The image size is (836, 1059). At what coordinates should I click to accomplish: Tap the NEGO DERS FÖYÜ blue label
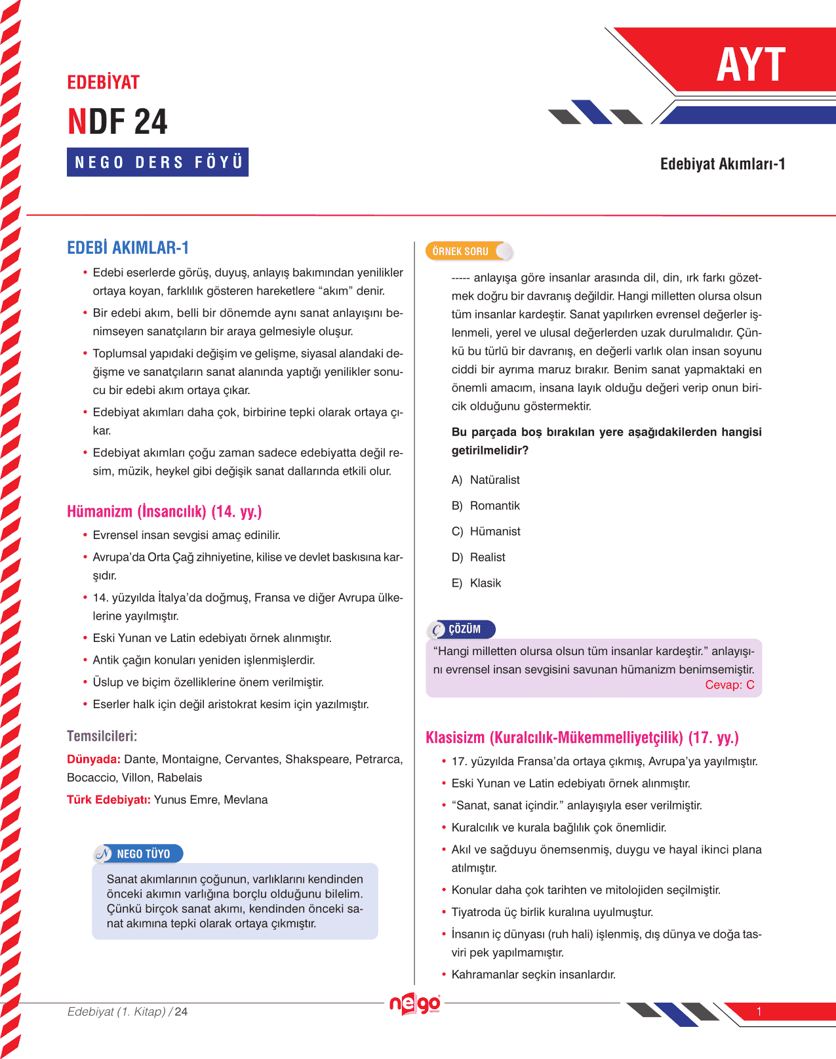[158, 162]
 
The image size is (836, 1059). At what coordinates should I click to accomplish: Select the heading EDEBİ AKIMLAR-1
[128, 248]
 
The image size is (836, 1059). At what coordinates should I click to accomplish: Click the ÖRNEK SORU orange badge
[462, 251]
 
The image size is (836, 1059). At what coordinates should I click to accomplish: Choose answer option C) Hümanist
[486, 531]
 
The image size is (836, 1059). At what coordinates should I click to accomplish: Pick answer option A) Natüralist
[485, 480]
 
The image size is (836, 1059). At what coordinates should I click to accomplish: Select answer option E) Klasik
[476, 583]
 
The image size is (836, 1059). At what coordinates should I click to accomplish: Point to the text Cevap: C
[729, 685]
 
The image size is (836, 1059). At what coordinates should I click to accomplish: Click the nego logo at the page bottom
[415, 1004]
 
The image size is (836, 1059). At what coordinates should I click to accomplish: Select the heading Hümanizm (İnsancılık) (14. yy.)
[165, 511]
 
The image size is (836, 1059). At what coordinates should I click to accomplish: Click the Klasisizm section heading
[582, 738]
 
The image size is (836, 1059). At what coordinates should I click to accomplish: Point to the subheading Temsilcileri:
[102, 736]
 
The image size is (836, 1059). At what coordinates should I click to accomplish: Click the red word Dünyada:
[94, 759]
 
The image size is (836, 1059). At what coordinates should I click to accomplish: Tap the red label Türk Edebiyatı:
[109, 800]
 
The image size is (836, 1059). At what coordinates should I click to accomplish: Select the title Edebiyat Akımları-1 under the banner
[723, 164]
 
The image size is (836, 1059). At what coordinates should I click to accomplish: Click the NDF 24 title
[118, 122]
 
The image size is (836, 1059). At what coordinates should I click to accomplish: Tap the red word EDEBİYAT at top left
[104, 83]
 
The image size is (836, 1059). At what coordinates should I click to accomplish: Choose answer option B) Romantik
[485, 506]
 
